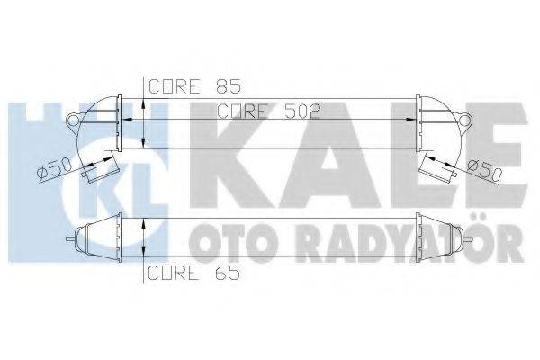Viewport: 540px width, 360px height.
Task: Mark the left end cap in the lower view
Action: pos(92,239)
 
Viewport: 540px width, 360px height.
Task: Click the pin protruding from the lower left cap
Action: pos(71,239)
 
